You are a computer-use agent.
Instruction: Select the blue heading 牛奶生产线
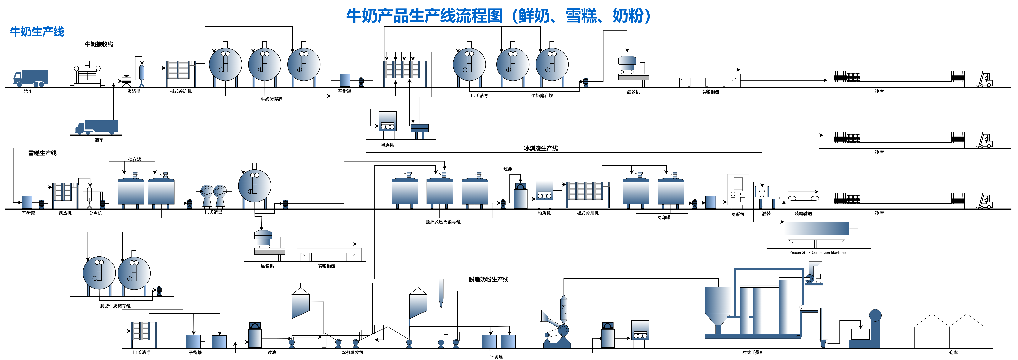pos(37,32)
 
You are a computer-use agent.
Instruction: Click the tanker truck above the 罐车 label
pos(97,127)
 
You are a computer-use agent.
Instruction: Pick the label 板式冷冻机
pos(181,91)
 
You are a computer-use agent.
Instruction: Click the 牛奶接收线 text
pos(99,44)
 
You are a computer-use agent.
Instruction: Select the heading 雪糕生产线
pos(42,153)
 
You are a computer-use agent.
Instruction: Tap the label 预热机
pos(65,213)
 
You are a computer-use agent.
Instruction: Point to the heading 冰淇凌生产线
pos(541,148)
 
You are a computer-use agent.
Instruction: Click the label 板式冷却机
pos(588,213)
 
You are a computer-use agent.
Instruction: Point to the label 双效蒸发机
pos(352,352)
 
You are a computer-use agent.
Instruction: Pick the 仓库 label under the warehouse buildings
pos(953,352)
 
